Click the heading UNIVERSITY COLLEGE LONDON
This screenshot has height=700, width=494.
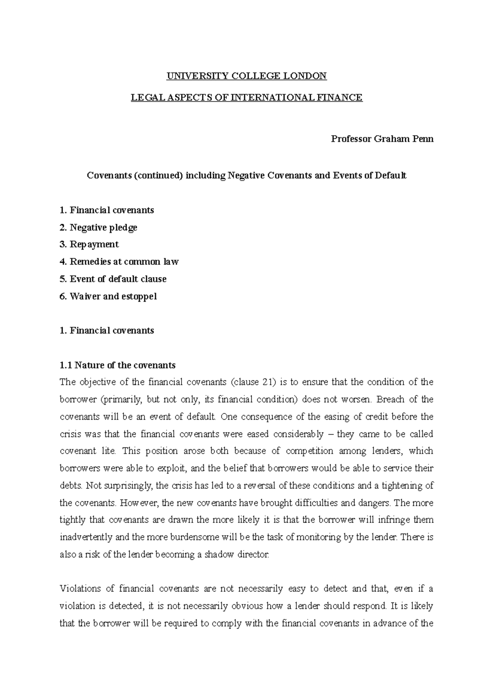[x=246, y=76]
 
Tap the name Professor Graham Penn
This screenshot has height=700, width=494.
[x=382, y=139]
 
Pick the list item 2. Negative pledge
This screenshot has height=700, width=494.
[x=98, y=228]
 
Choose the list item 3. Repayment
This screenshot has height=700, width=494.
[x=89, y=244]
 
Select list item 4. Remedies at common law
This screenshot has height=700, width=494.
[x=119, y=262]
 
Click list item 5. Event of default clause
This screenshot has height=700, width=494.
[x=113, y=279]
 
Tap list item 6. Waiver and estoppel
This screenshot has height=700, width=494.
[x=108, y=296]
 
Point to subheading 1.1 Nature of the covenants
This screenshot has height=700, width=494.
[x=117, y=365]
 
